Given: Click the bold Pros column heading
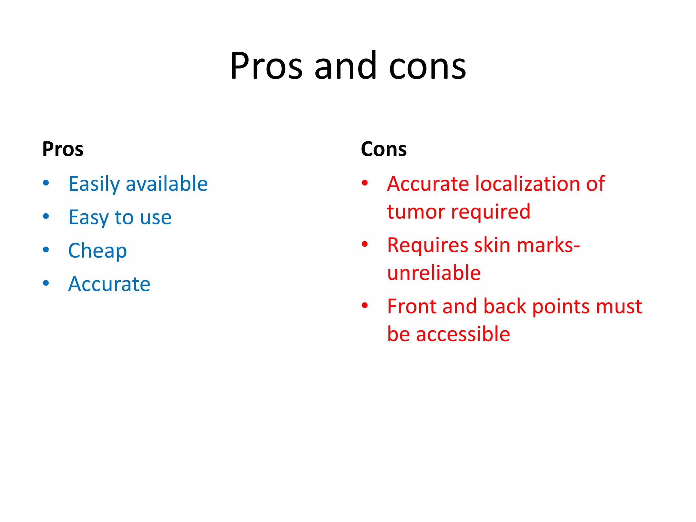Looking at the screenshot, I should (63, 149).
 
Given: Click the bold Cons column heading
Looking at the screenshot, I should (384, 149).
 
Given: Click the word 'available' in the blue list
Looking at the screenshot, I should (167, 184).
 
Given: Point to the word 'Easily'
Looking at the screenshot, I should (94, 185).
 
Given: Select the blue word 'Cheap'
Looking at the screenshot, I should (98, 251).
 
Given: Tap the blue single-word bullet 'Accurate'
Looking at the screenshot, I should (109, 284).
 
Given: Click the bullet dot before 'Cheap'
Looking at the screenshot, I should (46, 250).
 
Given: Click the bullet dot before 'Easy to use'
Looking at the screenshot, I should (46, 216).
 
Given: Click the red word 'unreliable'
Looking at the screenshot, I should (434, 273).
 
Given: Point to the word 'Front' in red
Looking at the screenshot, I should (412, 307).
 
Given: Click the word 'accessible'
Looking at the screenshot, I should (463, 334).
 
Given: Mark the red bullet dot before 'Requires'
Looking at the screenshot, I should (365, 244).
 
